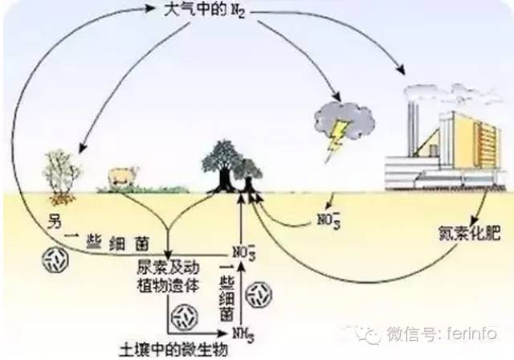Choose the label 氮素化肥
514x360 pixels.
point(475,238)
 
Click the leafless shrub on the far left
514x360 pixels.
point(61,172)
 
